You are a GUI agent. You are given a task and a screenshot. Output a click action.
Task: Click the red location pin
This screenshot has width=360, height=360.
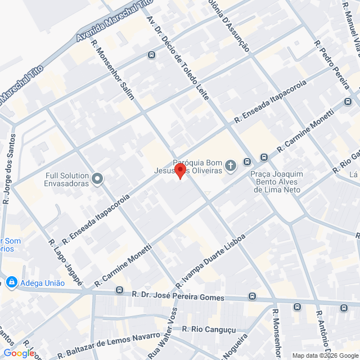[x=180, y=170]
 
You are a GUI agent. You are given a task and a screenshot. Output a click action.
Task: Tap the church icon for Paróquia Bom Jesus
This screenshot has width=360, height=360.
[x=230, y=165]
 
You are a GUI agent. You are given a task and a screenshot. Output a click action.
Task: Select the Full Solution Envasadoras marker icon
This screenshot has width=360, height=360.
[x=98, y=179]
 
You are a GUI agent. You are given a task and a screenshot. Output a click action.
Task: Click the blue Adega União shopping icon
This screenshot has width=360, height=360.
[x=11, y=282]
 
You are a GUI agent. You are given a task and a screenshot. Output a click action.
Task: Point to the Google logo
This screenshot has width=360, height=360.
[x=19, y=353]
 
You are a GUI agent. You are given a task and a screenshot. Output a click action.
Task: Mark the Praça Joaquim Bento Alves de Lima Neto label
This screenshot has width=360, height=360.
[x=277, y=182]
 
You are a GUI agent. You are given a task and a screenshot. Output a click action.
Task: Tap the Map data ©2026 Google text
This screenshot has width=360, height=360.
[x=324, y=355]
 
